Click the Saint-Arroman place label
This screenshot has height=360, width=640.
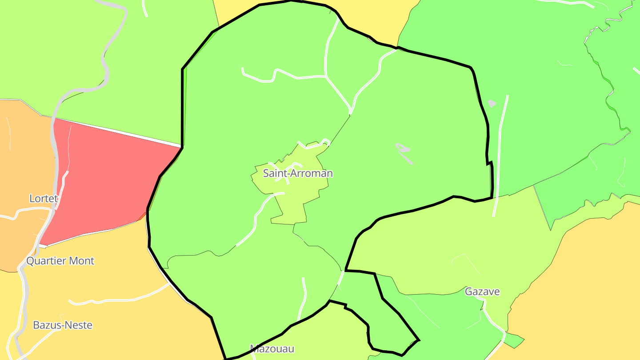298,173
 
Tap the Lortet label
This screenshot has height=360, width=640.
44,199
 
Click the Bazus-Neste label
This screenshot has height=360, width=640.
63,325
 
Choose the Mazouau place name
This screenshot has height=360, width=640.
272,348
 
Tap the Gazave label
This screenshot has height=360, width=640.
482,292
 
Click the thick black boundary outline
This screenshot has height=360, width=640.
183,107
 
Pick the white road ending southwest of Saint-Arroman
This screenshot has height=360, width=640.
256,222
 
